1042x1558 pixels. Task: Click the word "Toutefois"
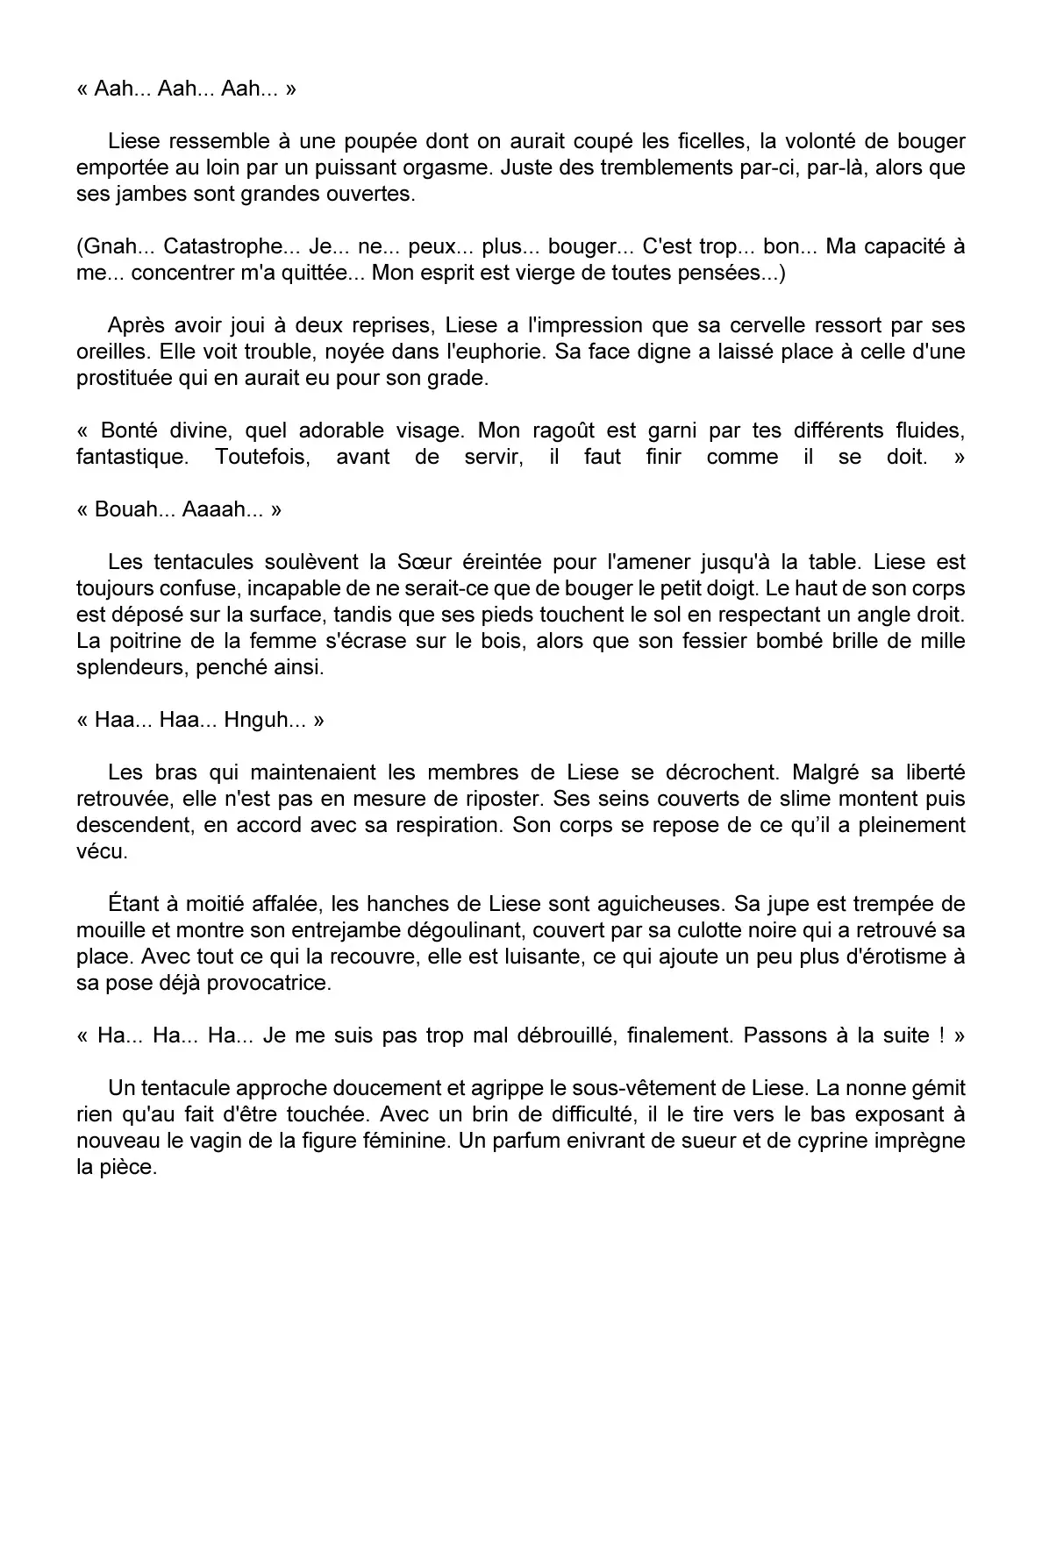(262, 457)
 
